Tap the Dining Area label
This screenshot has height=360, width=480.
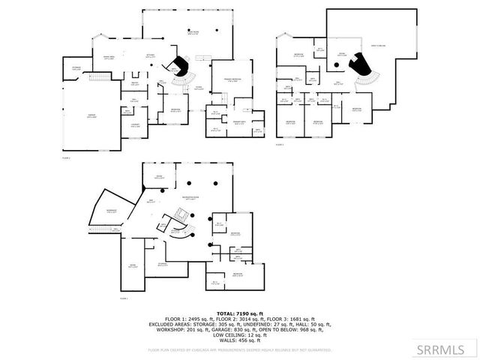click(x=108, y=58)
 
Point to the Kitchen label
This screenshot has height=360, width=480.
click(x=150, y=55)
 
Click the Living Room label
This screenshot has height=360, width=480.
click(x=193, y=32)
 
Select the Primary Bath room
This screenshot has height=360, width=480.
click(x=239, y=121)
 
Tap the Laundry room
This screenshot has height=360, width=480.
click(x=135, y=124)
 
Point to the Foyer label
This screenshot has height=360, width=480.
click(x=199, y=88)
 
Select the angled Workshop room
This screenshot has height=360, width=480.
click(x=111, y=211)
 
